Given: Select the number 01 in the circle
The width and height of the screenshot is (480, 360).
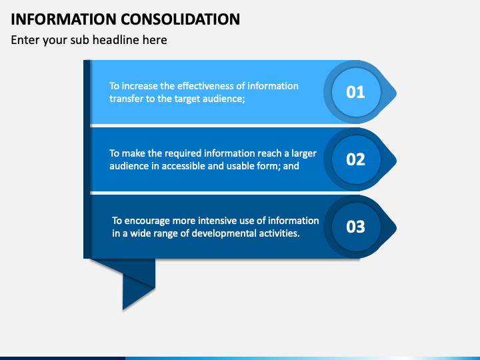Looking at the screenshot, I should point(355,92).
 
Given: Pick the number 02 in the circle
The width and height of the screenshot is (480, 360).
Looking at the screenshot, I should point(355,159).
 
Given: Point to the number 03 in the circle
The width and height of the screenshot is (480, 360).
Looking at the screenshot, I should point(355,227).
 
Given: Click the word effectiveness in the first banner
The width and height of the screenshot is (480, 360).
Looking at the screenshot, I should point(195,86).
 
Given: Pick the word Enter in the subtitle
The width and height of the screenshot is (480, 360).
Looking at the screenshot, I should point(25,40).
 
